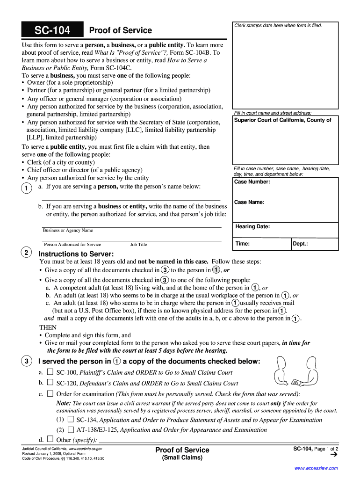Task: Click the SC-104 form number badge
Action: [x=52, y=31]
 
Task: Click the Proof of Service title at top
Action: [x=120, y=30]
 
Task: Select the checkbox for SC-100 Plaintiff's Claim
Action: [x=50, y=372]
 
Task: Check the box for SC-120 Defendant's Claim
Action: [x=50, y=383]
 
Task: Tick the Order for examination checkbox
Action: [x=50, y=394]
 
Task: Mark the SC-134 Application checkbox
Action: [x=71, y=420]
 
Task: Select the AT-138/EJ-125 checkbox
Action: [x=71, y=429]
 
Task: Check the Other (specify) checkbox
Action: [x=50, y=439]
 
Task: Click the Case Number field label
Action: [x=252, y=181]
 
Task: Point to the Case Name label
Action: [x=249, y=202]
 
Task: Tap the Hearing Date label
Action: [x=252, y=226]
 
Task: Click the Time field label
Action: [x=242, y=244]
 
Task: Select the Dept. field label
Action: [x=300, y=244]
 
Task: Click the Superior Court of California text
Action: [x=282, y=120]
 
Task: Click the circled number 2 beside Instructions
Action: [x=26, y=253]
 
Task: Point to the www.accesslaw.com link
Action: [x=316, y=468]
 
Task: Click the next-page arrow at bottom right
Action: [x=333, y=454]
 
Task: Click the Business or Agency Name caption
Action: [x=68, y=230]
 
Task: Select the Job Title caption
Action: [x=138, y=244]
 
